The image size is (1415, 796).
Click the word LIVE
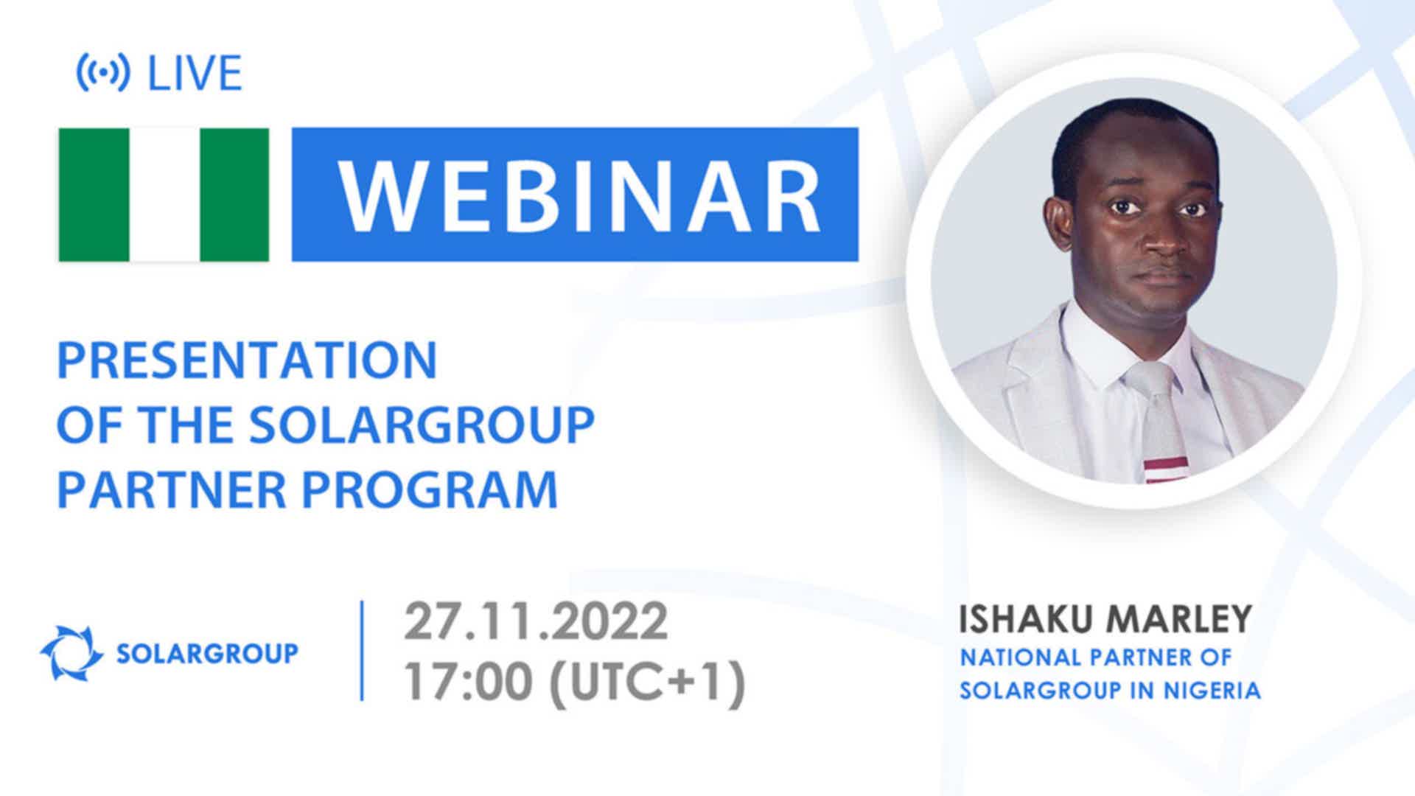(195, 73)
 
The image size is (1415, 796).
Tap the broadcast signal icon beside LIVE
(103, 72)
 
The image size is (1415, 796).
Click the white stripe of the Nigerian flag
(164, 195)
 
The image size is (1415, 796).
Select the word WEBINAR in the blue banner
(579, 195)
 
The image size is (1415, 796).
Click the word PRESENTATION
(248, 360)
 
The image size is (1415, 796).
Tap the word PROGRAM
(430, 489)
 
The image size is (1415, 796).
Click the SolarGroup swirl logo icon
(71, 653)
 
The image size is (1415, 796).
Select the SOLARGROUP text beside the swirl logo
(207, 654)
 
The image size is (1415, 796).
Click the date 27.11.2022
(536, 621)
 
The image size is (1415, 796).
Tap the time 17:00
(468, 682)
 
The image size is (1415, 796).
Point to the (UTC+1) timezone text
(648, 683)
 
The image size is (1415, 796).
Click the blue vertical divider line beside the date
(362, 650)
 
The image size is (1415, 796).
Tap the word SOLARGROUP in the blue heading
(422, 425)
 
